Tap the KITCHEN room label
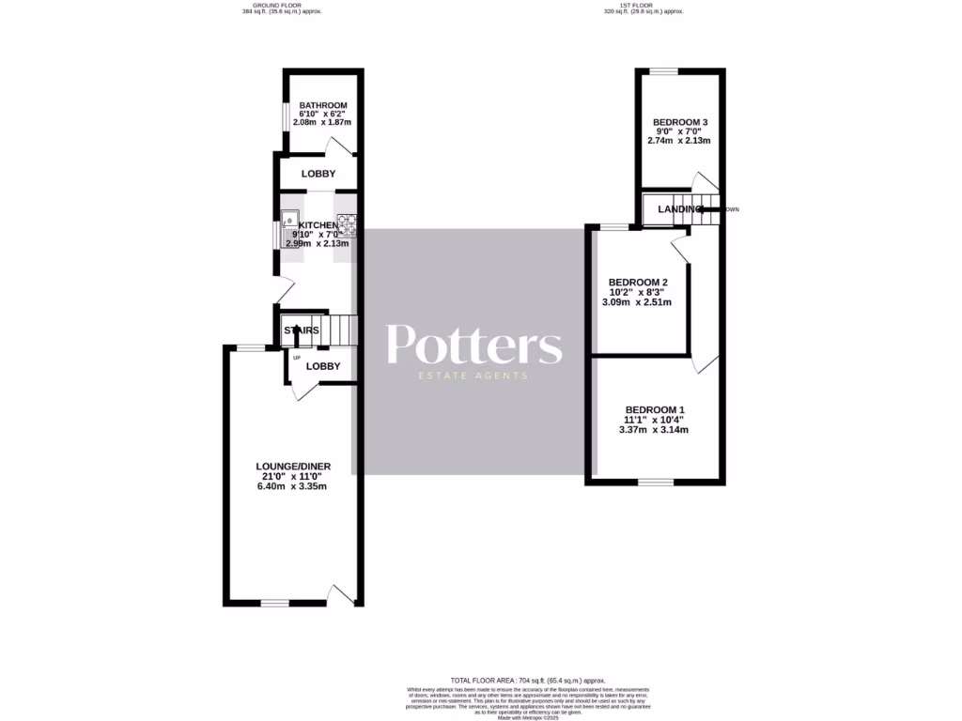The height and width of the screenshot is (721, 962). tap(318, 226)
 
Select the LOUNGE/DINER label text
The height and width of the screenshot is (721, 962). tap(293, 466)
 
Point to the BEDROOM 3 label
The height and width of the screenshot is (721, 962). tap(679, 122)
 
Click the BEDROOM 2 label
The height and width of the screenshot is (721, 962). tap(638, 283)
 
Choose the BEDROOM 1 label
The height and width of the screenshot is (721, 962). tap(655, 409)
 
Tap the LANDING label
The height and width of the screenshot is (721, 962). tap(679, 209)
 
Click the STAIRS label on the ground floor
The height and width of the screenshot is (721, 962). tap(302, 330)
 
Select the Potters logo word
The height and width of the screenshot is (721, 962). tap(474, 345)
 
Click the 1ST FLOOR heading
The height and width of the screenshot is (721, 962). tap(643, 6)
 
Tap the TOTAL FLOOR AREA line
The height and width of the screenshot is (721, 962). tap(527, 680)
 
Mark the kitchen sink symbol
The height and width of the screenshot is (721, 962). tap(291, 222)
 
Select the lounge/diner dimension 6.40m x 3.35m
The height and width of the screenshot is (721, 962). tap(293, 486)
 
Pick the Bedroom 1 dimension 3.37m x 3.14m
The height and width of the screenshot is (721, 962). tap(655, 430)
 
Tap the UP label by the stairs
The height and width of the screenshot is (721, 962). tap(297, 358)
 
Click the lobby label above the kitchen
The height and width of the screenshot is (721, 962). tap(318, 175)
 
